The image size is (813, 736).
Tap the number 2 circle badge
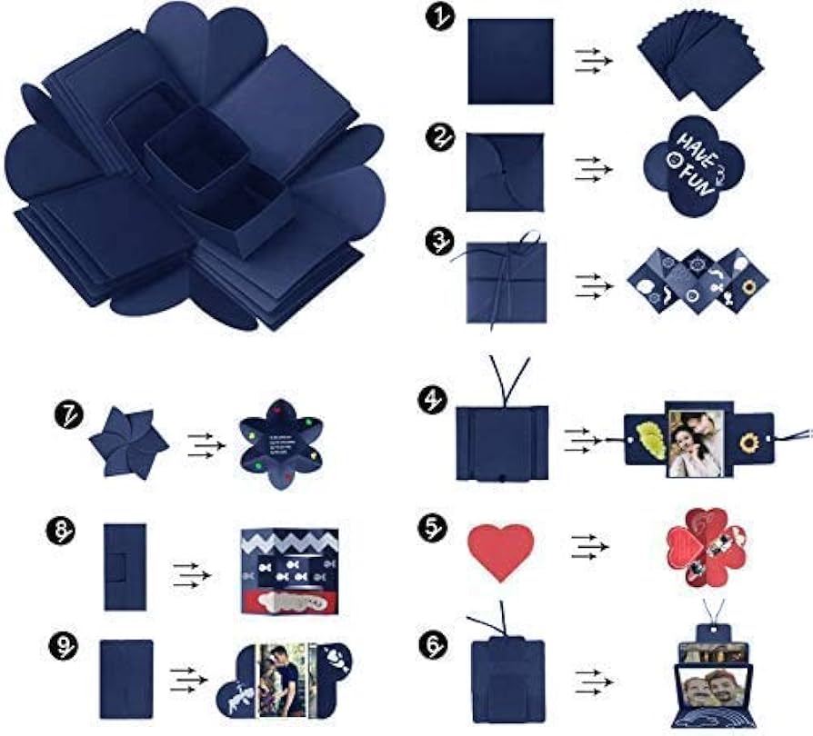[x=439, y=138]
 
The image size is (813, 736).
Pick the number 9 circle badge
[x=61, y=647]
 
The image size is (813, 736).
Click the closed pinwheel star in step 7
[x=129, y=442]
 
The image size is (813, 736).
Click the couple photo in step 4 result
[x=696, y=443]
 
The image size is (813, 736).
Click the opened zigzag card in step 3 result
[x=698, y=280]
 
